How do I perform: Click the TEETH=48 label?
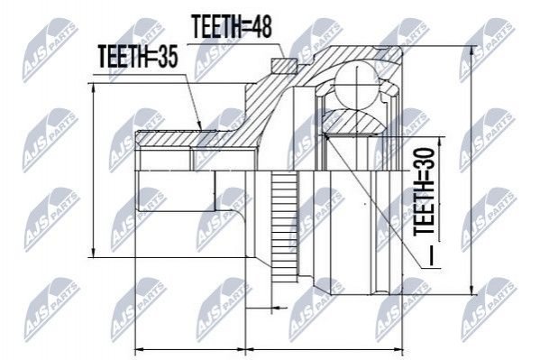pyautogui.click(x=232, y=26)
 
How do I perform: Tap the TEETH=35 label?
pyautogui.click(x=138, y=57)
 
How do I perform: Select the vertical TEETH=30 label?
pyautogui.click(x=424, y=191)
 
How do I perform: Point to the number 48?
pyautogui.click(x=260, y=26)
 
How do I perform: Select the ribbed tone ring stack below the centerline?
pyautogui.click(x=285, y=223)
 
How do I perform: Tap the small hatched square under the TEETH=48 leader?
pyautogui.click(x=284, y=66)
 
